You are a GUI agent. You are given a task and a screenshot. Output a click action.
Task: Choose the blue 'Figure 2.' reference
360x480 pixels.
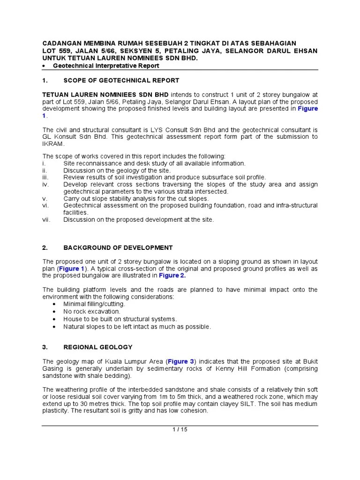click(172, 275)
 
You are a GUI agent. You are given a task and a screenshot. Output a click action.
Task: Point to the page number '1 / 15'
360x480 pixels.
click(180, 429)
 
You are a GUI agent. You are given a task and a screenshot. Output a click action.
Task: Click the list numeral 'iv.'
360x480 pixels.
click(45, 184)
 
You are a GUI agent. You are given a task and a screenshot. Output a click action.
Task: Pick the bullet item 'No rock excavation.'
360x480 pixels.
click(92, 311)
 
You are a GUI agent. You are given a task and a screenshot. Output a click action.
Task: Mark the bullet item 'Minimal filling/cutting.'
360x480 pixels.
click(94, 304)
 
